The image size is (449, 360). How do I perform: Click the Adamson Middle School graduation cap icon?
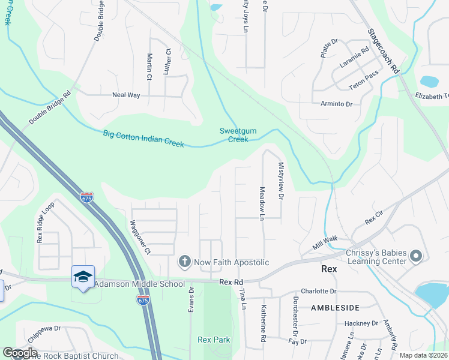pos(83,277)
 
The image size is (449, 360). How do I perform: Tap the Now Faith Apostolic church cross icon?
pos(185,262)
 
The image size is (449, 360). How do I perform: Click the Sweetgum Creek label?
pos(234,135)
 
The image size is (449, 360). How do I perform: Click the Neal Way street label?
pos(126,95)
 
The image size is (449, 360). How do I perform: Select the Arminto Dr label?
pos(336,104)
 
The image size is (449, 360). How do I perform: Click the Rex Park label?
pos(214,340)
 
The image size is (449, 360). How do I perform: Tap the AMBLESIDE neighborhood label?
pos(336,308)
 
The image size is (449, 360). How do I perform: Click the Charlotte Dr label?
pos(319,291)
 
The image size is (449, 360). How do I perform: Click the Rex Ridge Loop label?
pos(41,221)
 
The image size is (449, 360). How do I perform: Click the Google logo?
pos(20,353)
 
